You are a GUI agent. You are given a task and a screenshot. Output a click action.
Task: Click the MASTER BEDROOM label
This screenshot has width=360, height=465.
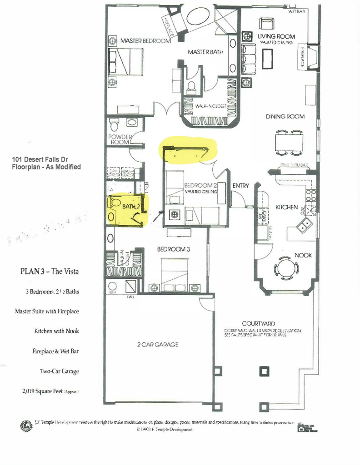[x=145, y=41]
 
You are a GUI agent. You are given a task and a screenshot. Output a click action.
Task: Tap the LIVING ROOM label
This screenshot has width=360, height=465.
[x=276, y=36]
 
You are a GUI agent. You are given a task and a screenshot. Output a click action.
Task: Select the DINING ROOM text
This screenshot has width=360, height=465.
[x=285, y=117]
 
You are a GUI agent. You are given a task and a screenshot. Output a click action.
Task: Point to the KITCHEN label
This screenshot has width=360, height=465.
[x=286, y=207]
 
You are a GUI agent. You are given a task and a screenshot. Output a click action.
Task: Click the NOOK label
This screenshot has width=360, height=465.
[x=303, y=256]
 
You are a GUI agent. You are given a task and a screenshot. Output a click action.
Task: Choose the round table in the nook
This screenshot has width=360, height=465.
[x=286, y=267]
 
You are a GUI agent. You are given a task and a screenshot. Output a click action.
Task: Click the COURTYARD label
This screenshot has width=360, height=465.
[x=257, y=323]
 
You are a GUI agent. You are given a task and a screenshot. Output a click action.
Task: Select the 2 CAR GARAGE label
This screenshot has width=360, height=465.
[x=158, y=345]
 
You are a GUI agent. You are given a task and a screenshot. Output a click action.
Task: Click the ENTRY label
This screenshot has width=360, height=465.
[x=240, y=186]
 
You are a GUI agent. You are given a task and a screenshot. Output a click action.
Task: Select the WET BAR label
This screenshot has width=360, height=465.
[x=296, y=11]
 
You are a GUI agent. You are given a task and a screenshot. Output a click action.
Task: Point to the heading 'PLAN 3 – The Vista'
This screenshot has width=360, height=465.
[x=50, y=271]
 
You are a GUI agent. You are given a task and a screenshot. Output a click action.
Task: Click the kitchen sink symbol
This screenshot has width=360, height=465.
[x=305, y=223]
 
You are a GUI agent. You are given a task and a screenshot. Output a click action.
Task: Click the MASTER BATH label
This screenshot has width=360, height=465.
[x=205, y=52]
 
